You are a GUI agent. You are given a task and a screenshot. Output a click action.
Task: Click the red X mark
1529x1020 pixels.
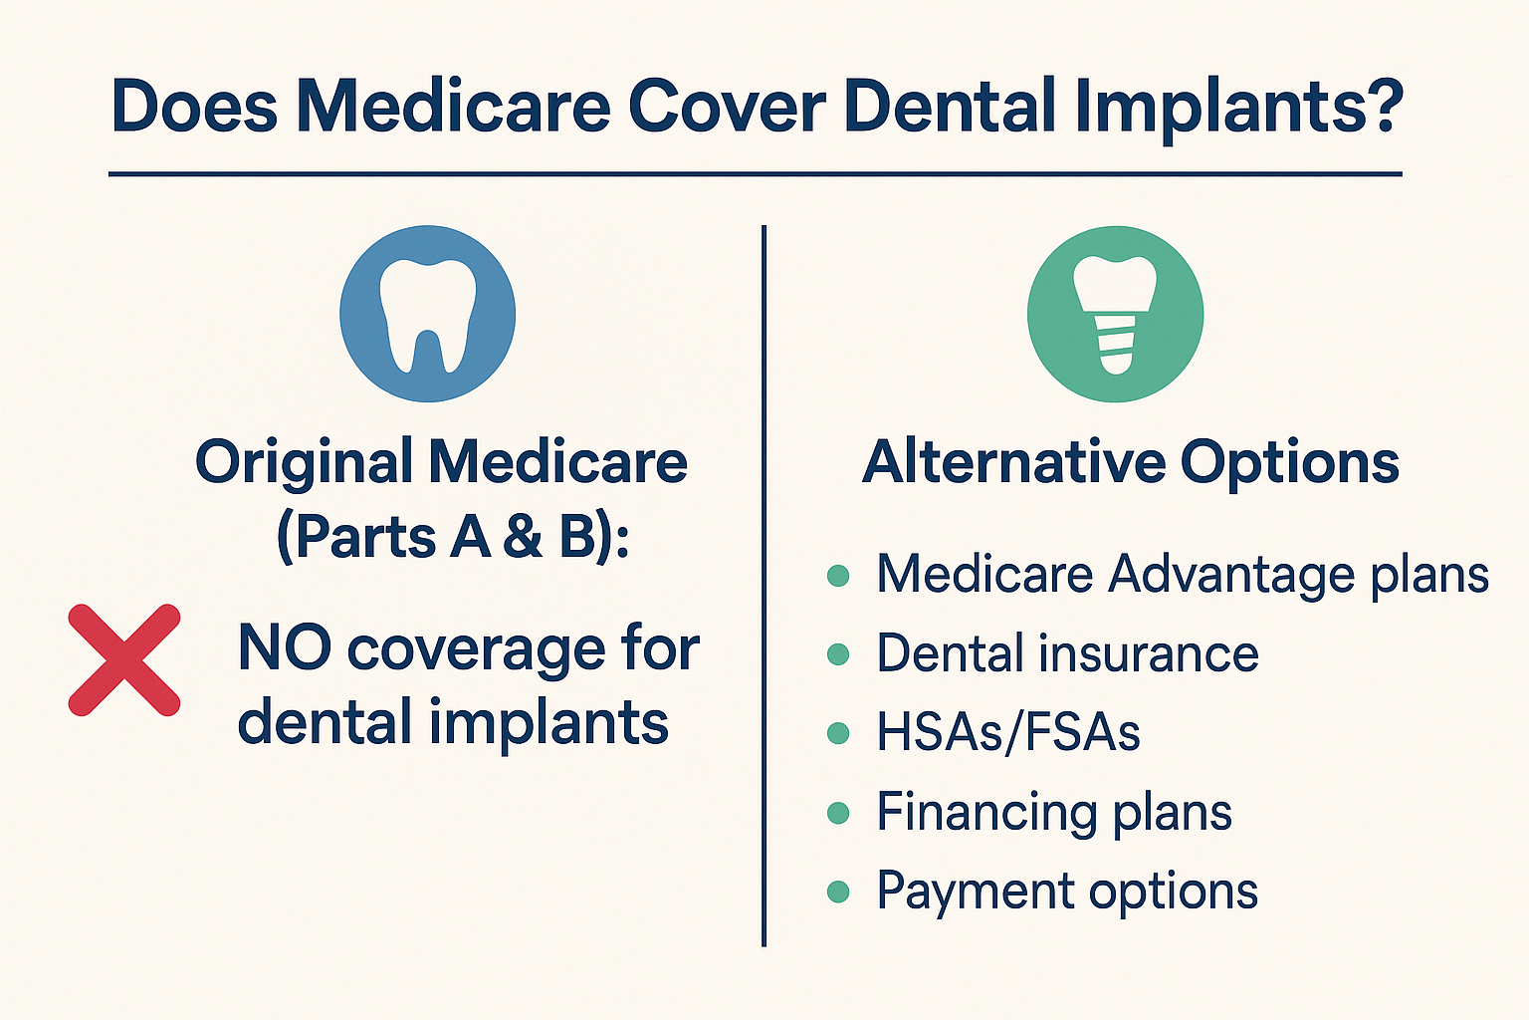point(124,659)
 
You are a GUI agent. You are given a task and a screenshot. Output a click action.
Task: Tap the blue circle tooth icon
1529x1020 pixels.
point(428,314)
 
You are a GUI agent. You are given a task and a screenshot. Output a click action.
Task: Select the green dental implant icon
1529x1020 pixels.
point(1115,314)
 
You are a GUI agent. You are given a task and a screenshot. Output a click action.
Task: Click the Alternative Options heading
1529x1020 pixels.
point(1131,462)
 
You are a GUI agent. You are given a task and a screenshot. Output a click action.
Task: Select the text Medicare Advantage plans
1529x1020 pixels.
point(1182,575)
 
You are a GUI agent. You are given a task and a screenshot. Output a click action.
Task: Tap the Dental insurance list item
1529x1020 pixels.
point(1067,654)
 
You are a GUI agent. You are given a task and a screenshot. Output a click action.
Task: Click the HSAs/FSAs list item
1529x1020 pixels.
point(1007,733)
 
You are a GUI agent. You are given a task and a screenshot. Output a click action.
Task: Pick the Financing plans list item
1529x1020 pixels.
point(1054,812)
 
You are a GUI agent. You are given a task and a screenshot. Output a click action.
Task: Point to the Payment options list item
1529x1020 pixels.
point(1067,891)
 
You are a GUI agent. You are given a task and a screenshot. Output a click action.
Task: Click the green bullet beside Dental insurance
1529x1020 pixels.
point(838,654)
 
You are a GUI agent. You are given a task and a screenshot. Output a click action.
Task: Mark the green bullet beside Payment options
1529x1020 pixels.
point(838,892)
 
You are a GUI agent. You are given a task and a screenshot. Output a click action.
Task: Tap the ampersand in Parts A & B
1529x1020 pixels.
point(523,538)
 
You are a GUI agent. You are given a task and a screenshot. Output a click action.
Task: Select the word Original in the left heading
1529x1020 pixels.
point(304,462)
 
